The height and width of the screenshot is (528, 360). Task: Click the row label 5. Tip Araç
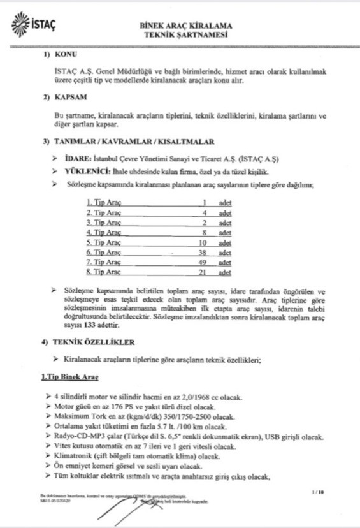104,242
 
